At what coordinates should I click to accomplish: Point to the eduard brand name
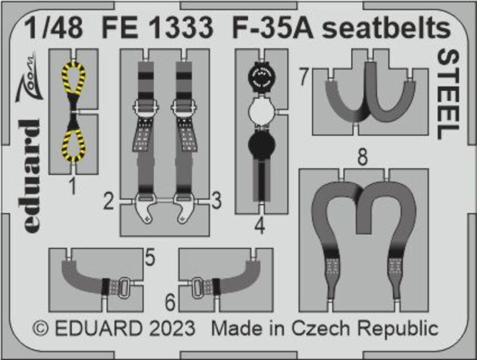tap(31, 176)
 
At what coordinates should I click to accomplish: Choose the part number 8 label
tap(363, 158)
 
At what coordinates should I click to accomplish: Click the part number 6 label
tap(170, 302)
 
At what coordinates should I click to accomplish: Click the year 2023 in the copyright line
tap(169, 329)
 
